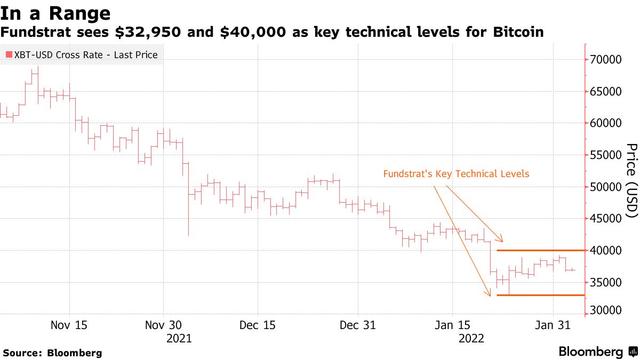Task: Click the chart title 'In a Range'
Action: point(56,13)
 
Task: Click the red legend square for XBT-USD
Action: point(9,54)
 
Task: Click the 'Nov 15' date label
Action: point(69,325)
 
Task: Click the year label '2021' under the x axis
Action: point(179,339)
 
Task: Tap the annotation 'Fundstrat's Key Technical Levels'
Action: point(456,174)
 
